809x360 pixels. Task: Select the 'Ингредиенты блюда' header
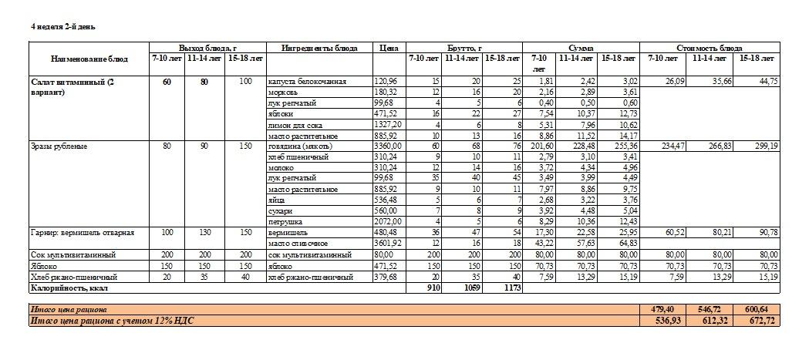click(x=319, y=48)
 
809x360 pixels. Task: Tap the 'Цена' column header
click(x=389, y=48)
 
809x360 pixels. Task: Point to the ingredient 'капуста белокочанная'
click(x=307, y=82)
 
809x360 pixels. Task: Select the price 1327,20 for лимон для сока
click(x=388, y=125)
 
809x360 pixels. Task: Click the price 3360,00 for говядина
click(x=388, y=146)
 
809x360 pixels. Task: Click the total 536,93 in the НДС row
click(x=666, y=320)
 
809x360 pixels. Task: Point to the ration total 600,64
click(x=756, y=309)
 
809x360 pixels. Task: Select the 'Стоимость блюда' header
click(x=709, y=48)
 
